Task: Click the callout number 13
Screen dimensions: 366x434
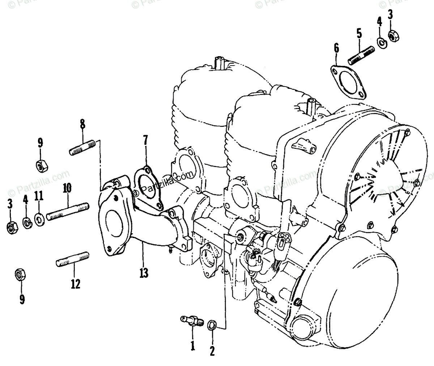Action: click(x=144, y=273)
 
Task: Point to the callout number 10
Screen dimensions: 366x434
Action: click(x=67, y=188)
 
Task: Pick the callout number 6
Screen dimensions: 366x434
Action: click(x=336, y=48)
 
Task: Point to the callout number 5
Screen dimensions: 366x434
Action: click(x=359, y=34)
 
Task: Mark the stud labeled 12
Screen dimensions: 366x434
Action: click(x=73, y=258)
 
